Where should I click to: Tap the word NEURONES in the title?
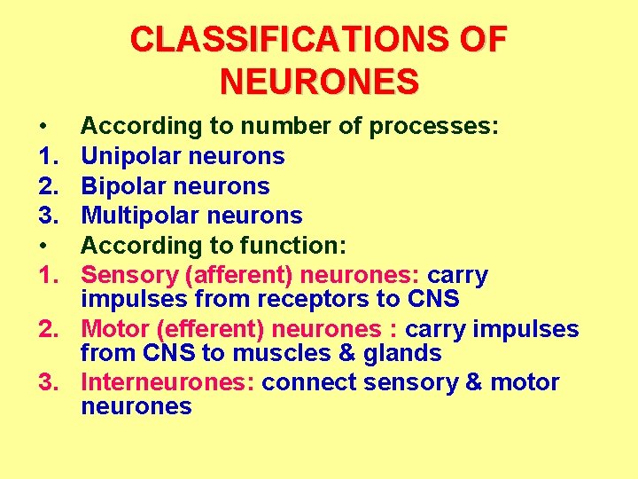[x=319, y=82]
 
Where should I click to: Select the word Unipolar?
[x=132, y=156]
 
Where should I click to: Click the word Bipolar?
[x=123, y=186]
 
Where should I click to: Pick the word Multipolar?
[x=137, y=216]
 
